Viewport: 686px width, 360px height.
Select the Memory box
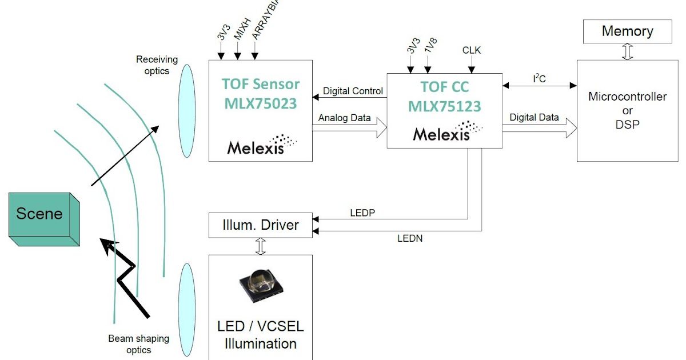click(627, 31)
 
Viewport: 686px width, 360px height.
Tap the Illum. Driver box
click(260, 225)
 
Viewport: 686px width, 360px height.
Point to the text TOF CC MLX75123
click(444, 97)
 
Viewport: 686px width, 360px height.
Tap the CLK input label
click(472, 51)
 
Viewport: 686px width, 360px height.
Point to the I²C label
click(539, 78)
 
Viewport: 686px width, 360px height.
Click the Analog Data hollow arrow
click(349, 129)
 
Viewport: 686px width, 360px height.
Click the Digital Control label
click(353, 91)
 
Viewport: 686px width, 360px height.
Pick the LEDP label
click(362, 213)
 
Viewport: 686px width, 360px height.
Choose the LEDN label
click(409, 238)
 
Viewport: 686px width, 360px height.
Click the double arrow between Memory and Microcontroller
click(628, 51)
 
